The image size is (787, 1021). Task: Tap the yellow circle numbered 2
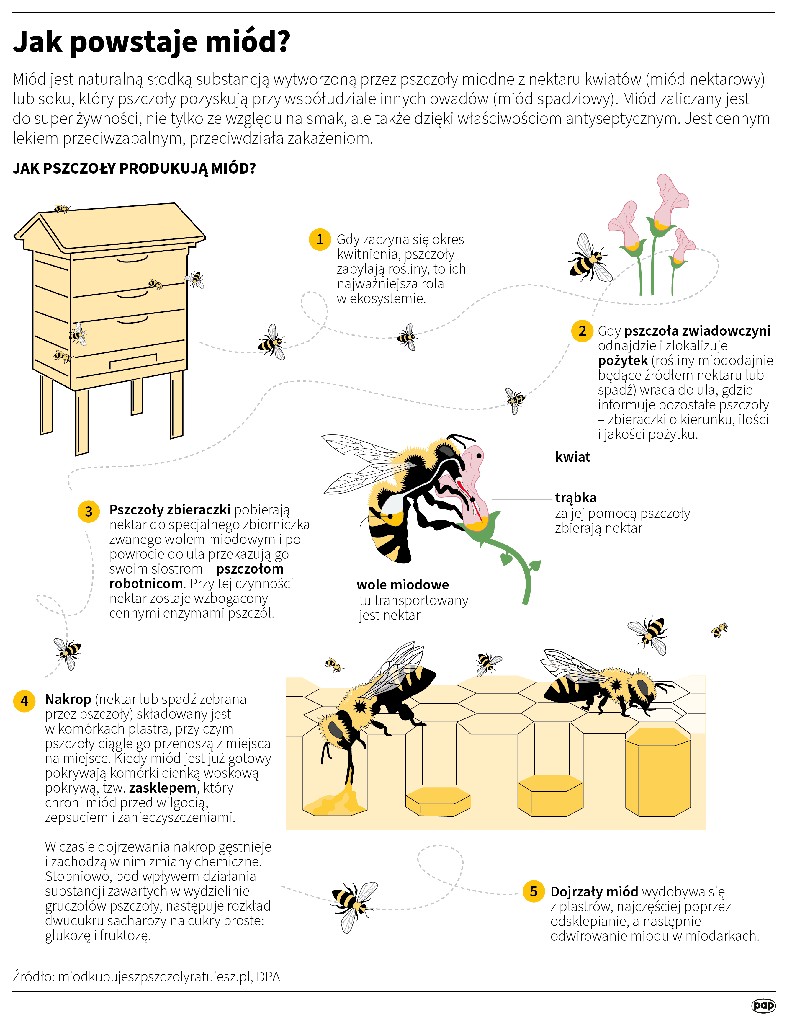click(582, 331)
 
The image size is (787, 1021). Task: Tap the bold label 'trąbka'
click(576, 498)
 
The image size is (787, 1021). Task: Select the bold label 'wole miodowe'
click(403, 584)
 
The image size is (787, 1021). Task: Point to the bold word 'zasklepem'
click(163, 788)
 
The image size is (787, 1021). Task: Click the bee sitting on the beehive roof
click(62, 208)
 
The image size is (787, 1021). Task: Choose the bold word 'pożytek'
click(623, 360)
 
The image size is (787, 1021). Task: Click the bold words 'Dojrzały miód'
click(594, 891)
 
